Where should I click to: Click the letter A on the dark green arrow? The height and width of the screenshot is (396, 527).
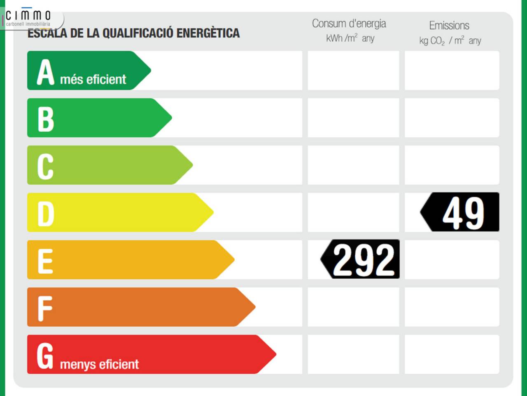[45, 72]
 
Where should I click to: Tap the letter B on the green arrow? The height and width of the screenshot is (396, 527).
[45, 119]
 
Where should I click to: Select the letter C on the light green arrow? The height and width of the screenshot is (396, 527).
[45, 166]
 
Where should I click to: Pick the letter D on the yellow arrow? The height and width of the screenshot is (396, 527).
[46, 214]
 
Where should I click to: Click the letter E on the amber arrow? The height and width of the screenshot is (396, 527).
[45, 261]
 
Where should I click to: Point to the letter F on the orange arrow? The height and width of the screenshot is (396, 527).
[44, 308]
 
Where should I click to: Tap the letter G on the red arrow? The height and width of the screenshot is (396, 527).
[45, 356]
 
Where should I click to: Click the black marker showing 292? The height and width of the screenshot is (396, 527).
[361, 259]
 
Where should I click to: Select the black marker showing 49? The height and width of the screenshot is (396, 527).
[460, 212]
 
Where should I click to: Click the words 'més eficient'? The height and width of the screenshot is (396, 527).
[93, 79]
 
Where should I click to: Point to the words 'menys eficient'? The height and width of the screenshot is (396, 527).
[99, 364]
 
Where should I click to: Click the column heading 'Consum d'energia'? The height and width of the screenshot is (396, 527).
[349, 24]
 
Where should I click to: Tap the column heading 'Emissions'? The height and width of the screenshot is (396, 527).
[449, 26]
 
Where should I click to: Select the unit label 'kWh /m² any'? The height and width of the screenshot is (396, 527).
[350, 38]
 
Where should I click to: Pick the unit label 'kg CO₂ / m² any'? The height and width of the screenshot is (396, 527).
[450, 41]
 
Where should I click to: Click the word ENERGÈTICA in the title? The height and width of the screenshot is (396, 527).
[208, 33]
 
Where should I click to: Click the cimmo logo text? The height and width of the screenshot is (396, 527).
[28, 16]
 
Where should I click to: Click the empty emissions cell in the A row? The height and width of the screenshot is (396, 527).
[452, 71]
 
